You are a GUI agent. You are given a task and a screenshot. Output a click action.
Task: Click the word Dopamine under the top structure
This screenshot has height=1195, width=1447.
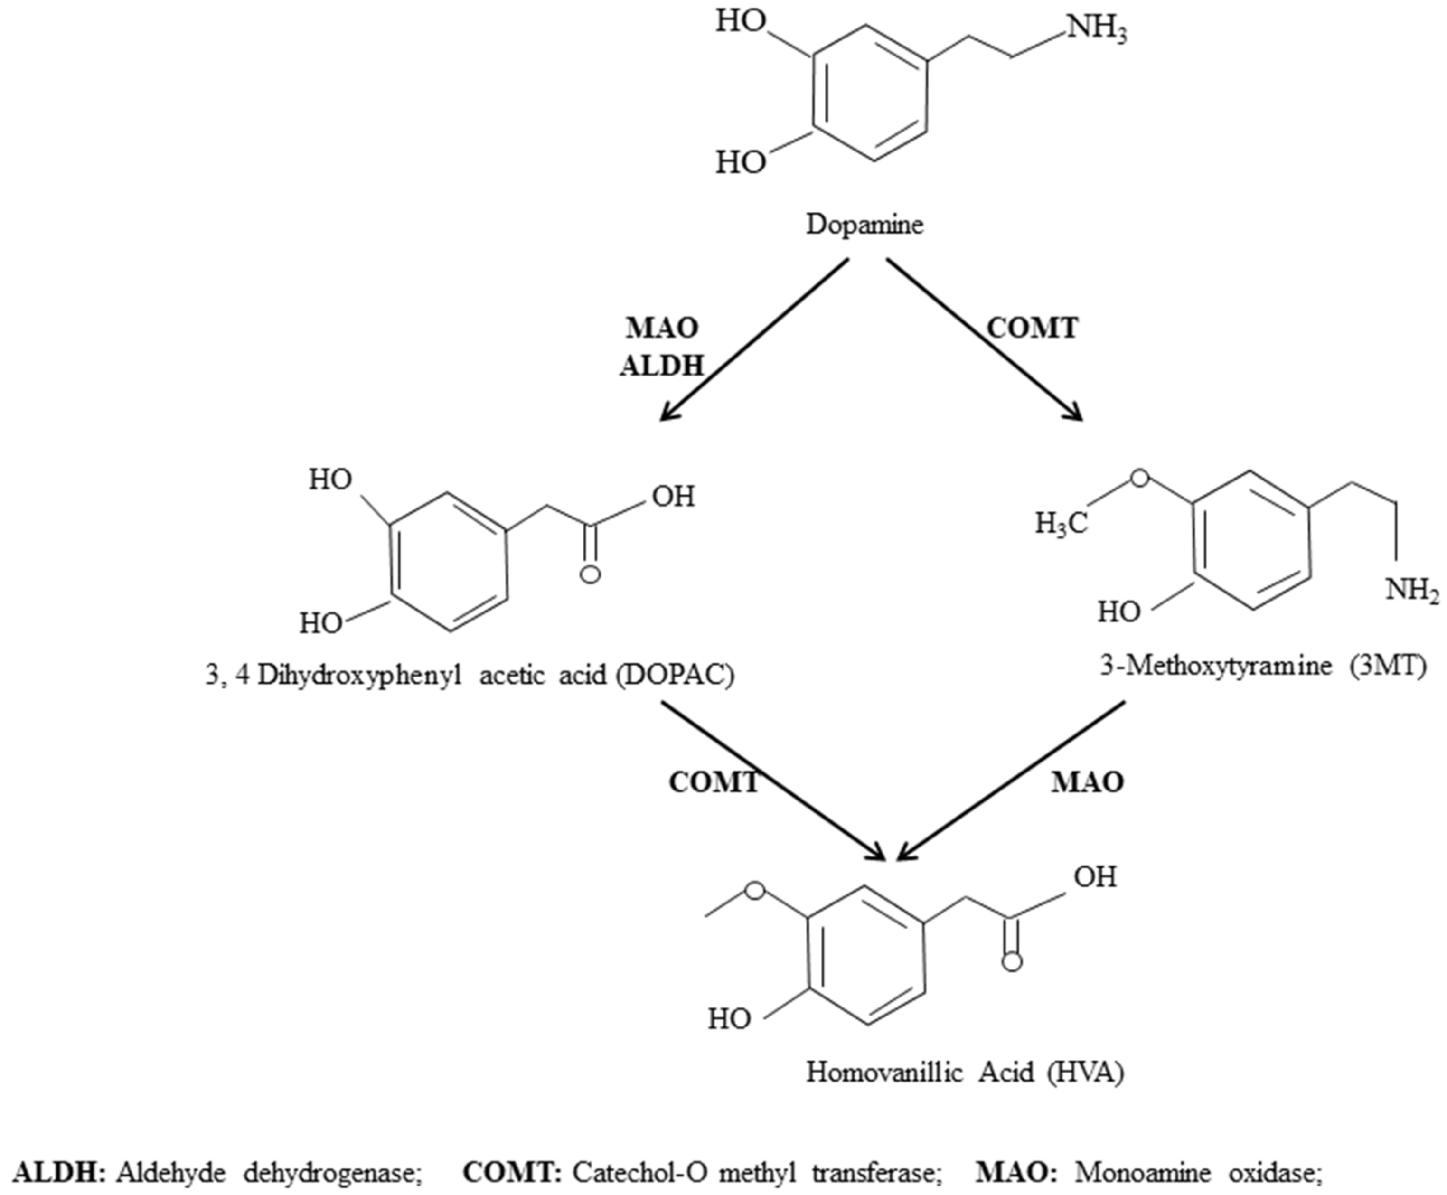tap(864, 225)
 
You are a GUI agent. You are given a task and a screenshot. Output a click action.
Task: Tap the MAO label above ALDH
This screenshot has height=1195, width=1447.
tap(661, 329)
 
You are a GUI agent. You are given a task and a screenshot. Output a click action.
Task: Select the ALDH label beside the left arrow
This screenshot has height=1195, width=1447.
tap(661, 366)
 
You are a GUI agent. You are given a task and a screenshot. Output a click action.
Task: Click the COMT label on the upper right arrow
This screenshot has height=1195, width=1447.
tap(1033, 329)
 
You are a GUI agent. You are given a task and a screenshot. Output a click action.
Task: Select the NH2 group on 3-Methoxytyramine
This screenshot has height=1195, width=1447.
tap(1412, 591)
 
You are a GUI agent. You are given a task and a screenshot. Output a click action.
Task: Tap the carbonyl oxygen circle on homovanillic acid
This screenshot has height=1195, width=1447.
tap(1011, 962)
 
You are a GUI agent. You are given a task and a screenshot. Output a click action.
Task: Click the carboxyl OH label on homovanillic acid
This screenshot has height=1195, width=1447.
tap(1095, 877)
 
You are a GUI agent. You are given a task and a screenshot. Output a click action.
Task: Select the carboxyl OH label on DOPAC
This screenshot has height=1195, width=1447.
tap(673, 496)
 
